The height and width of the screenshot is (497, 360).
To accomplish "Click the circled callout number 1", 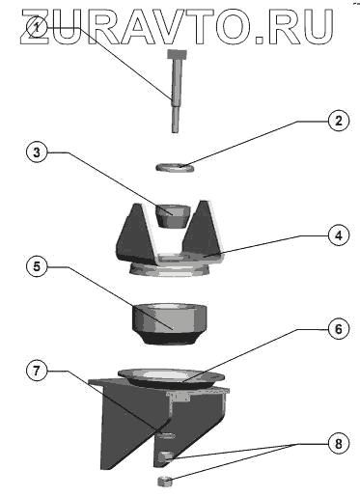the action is tap(38, 27).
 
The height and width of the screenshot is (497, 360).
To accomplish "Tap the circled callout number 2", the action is tap(338, 121).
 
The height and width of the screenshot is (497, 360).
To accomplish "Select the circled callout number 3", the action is tap(37, 152).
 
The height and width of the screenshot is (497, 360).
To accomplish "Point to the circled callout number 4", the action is tap(338, 235).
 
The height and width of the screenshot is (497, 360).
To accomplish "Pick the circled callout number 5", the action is tap(37, 266).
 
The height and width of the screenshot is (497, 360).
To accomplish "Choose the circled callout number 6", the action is tap(338, 329).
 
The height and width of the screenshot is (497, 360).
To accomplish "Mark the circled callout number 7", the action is tap(37, 371).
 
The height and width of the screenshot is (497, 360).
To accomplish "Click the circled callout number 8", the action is tap(338, 444).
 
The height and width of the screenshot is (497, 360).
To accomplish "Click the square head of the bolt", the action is tap(177, 54).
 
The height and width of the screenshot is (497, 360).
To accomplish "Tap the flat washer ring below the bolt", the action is tap(175, 168).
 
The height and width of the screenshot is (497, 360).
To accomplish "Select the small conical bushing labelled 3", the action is tap(173, 216).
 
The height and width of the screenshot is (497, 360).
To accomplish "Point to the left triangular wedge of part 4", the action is tap(135, 234).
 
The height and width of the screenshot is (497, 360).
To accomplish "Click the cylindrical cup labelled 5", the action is tap(169, 323).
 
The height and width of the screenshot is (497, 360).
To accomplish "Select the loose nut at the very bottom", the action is tap(165, 482).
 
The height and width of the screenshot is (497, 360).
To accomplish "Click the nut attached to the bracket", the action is tap(166, 456).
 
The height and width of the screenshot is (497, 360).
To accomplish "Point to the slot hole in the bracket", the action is tap(166, 435).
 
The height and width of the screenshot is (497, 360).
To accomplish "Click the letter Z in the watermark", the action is tap(35, 26).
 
